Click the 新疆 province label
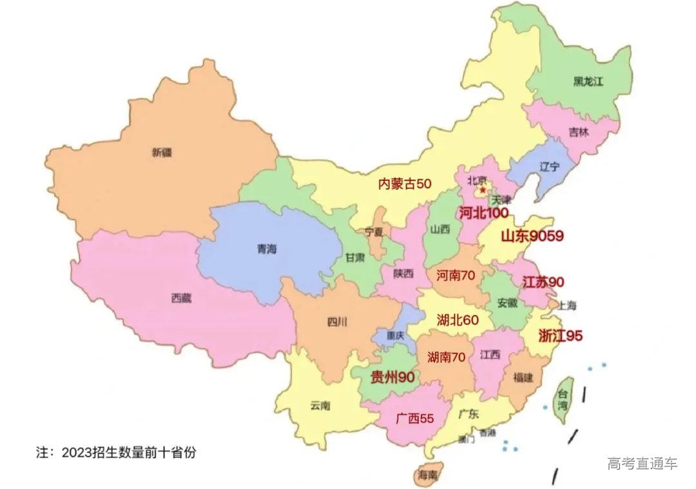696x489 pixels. pos(163,153)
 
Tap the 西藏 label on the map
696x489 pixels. pos(181,298)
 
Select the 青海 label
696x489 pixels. pos(266,249)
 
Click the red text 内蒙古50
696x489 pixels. pos(404,184)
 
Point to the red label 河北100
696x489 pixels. pos(483,213)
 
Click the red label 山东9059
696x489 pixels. pos(532,236)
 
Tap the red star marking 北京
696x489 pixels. pos(482,190)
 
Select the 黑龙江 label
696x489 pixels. pos(588,81)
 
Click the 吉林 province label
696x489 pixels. pos(578,132)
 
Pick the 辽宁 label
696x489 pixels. pos(550,166)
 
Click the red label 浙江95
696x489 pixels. pos(560,336)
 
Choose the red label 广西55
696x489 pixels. pos(415,419)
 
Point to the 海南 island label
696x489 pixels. pos(427,475)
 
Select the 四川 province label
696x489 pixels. pos(336,322)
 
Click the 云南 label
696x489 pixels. pos(320,406)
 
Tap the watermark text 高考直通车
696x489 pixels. pos(643,463)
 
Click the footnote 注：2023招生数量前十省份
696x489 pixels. pos(115,452)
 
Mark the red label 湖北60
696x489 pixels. pos(458,320)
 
